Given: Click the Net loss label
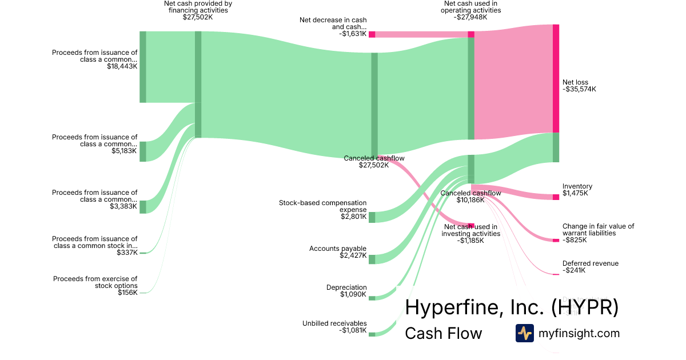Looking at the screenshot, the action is click(575, 82).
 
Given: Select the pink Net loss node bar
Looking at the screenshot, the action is click(556, 78).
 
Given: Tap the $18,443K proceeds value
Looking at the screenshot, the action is click(122, 66).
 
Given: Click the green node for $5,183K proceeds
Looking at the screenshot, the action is click(143, 151).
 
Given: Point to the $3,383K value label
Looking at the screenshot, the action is click(123, 206).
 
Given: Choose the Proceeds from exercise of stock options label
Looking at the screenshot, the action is click(95, 282).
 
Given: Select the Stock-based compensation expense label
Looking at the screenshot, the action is click(322, 206).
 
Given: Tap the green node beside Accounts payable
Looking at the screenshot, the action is click(372, 259).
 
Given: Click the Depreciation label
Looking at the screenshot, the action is click(346, 287).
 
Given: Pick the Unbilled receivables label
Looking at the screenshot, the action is click(334, 323).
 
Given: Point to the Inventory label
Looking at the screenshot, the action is click(577, 186).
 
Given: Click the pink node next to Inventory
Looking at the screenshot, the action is click(556, 197).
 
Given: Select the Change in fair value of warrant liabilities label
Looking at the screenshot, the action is click(598, 230).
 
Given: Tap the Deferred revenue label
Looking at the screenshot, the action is click(591, 263).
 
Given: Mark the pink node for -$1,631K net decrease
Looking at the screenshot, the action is click(372, 34).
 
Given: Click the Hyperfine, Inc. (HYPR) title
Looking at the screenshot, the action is click(512, 307).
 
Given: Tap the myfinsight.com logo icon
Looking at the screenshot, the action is click(524, 333).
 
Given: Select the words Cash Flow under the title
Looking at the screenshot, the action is click(444, 333).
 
